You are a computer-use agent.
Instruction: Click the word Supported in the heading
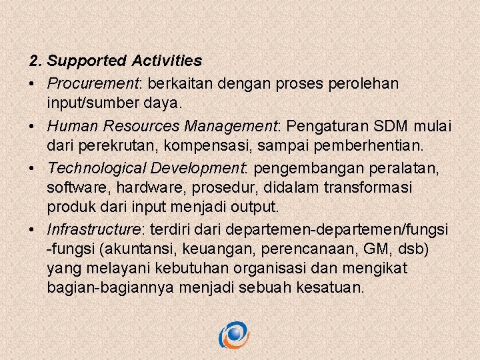87,61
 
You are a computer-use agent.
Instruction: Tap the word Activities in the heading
167,61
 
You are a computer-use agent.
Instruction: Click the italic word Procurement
94,84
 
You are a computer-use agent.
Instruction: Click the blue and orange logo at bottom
234,336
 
